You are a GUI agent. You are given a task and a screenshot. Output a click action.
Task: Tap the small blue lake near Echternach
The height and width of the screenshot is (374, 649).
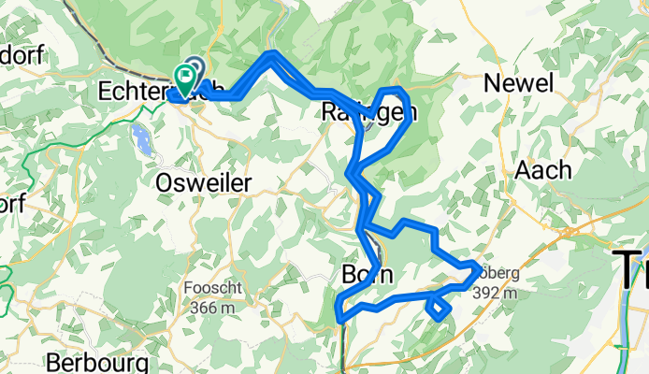click(142, 139)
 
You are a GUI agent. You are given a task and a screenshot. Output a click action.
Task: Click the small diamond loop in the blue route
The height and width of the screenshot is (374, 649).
click(438, 307)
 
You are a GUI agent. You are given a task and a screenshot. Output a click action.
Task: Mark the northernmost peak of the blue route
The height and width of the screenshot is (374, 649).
click(271, 54)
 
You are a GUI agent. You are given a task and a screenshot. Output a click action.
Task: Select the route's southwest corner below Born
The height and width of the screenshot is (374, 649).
click(339, 320)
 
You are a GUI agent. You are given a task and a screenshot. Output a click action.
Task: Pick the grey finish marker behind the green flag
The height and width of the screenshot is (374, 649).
click(195, 68)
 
